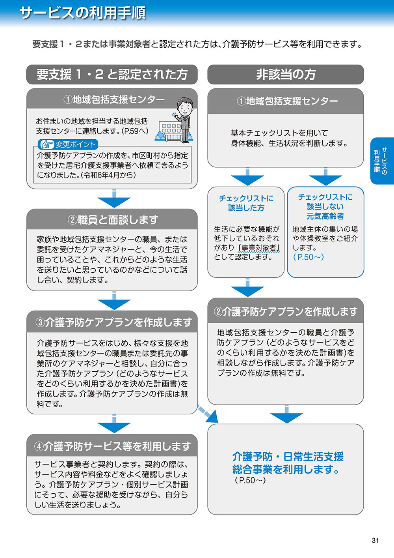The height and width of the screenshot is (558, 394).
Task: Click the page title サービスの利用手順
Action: click(82, 13)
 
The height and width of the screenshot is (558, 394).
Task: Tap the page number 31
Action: click(375, 540)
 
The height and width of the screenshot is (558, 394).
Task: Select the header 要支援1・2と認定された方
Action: click(112, 74)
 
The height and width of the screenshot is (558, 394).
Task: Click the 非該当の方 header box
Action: click(286, 74)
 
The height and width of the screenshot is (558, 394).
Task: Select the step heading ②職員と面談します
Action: click(112, 219)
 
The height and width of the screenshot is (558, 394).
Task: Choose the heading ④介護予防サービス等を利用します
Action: click(112, 446)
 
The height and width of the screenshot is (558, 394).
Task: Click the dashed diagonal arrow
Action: click(208, 413)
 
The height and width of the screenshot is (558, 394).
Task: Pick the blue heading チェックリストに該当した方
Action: click(246, 203)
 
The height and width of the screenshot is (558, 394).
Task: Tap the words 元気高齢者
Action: click(325, 216)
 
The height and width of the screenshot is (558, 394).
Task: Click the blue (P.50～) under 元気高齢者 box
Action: click(308, 257)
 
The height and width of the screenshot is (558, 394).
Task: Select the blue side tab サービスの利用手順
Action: click(381, 160)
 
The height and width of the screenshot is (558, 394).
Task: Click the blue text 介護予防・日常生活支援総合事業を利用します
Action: click(288, 463)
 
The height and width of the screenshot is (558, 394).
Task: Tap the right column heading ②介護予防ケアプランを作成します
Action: click(285, 312)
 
